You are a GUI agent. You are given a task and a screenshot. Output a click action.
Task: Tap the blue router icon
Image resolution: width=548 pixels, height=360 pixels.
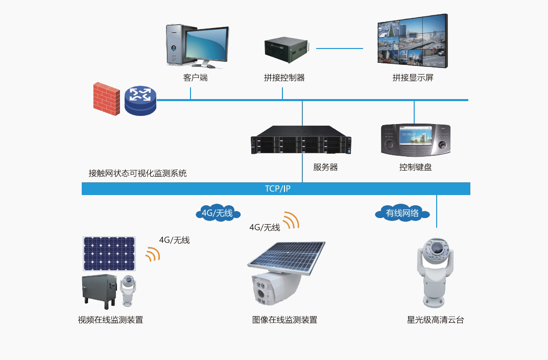(140, 100)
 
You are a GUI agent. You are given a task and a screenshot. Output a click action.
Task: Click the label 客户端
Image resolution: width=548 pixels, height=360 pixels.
(195, 78)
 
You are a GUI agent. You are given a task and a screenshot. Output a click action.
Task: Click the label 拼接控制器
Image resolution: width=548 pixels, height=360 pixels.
(284, 78)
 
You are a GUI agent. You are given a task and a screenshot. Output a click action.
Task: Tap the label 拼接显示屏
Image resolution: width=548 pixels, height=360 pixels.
(413, 78)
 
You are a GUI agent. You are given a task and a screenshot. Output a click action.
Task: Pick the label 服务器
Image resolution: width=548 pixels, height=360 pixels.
(325, 167)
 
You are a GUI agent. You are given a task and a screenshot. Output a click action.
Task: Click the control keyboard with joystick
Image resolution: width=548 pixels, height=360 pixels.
(416, 139)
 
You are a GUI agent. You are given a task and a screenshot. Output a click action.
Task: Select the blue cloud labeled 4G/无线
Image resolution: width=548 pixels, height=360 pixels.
(218, 213)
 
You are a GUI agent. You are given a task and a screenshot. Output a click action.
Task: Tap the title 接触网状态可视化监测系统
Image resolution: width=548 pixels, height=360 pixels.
(138, 174)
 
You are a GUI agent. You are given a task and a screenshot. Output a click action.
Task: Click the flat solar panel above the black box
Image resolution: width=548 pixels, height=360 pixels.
(109, 254)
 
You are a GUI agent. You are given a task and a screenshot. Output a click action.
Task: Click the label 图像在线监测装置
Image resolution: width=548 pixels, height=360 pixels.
(284, 320)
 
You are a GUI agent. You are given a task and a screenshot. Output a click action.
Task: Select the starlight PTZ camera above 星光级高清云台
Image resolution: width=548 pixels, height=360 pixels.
(435, 271)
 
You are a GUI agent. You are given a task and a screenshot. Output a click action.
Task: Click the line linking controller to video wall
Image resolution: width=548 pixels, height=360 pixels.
(340, 49)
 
